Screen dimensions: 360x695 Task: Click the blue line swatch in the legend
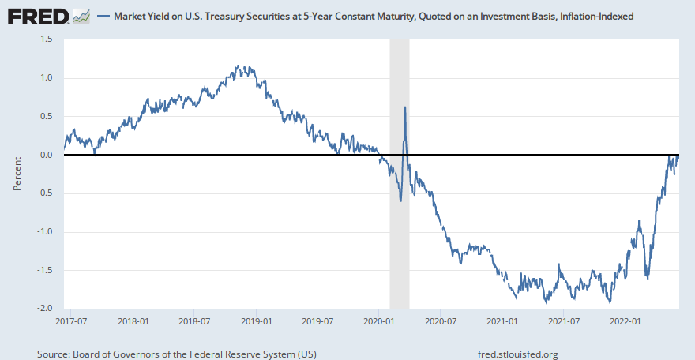click(105, 16)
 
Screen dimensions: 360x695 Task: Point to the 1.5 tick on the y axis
click(47, 39)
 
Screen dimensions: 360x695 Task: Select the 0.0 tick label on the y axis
click(47, 155)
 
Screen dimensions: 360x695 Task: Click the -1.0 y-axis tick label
click(44, 232)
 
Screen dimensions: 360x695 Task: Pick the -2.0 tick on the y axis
click(44, 309)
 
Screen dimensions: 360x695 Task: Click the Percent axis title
click(17, 174)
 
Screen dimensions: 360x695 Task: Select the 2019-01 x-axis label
click(256, 321)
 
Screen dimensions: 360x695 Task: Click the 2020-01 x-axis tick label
click(379, 321)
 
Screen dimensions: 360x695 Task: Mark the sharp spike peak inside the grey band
click(405, 107)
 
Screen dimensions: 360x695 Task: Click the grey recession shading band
click(400, 237)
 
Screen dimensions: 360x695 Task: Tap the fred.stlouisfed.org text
click(518, 354)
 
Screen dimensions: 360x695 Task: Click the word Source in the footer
click(52, 354)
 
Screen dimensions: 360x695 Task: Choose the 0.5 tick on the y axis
click(47, 116)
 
